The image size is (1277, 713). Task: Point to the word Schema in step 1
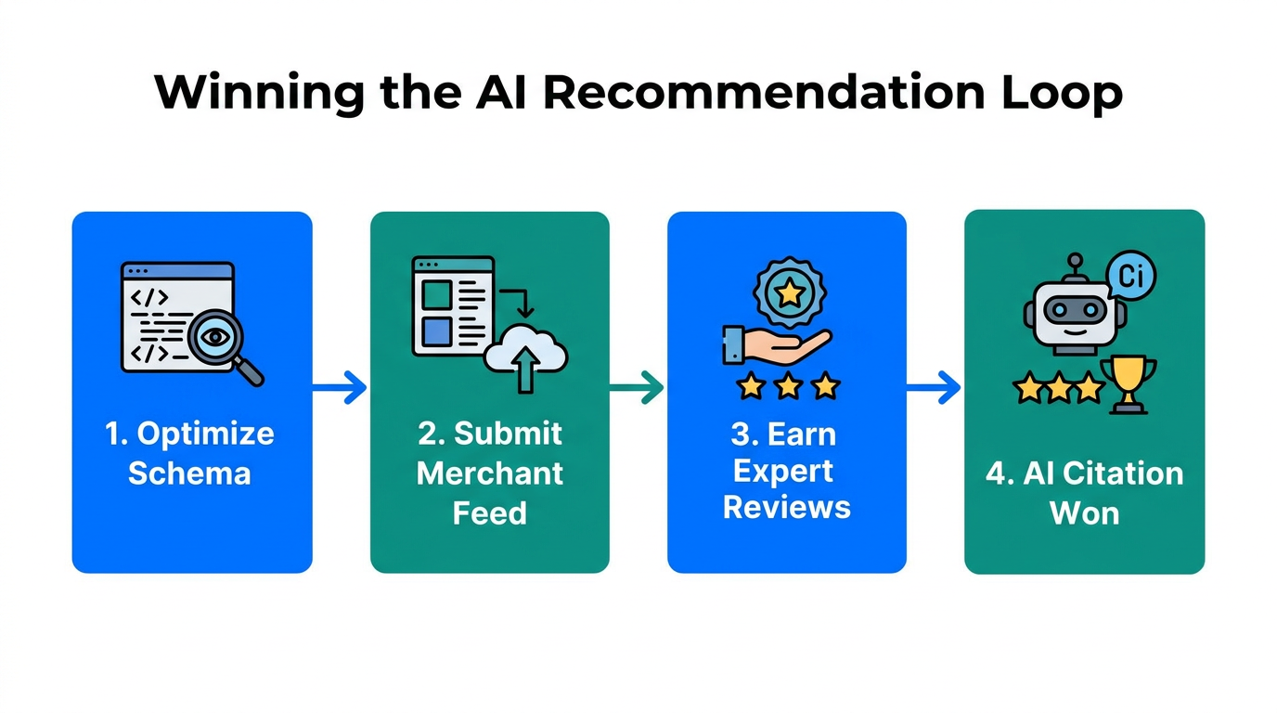tap(189, 473)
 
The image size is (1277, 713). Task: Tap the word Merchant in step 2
tap(490, 473)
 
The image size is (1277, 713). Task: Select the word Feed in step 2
tap(490, 513)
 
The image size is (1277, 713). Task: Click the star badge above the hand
tap(789, 292)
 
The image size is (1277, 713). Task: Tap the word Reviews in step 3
tap(787, 508)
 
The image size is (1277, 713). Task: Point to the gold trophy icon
tap(1132, 382)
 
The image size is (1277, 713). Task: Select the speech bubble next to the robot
tap(1131, 276)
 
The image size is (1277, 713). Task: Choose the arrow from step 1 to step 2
tap(341, 388)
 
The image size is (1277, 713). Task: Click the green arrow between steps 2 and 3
tap(638, 388)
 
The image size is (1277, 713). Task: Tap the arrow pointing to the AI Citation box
tap(935, 388)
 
